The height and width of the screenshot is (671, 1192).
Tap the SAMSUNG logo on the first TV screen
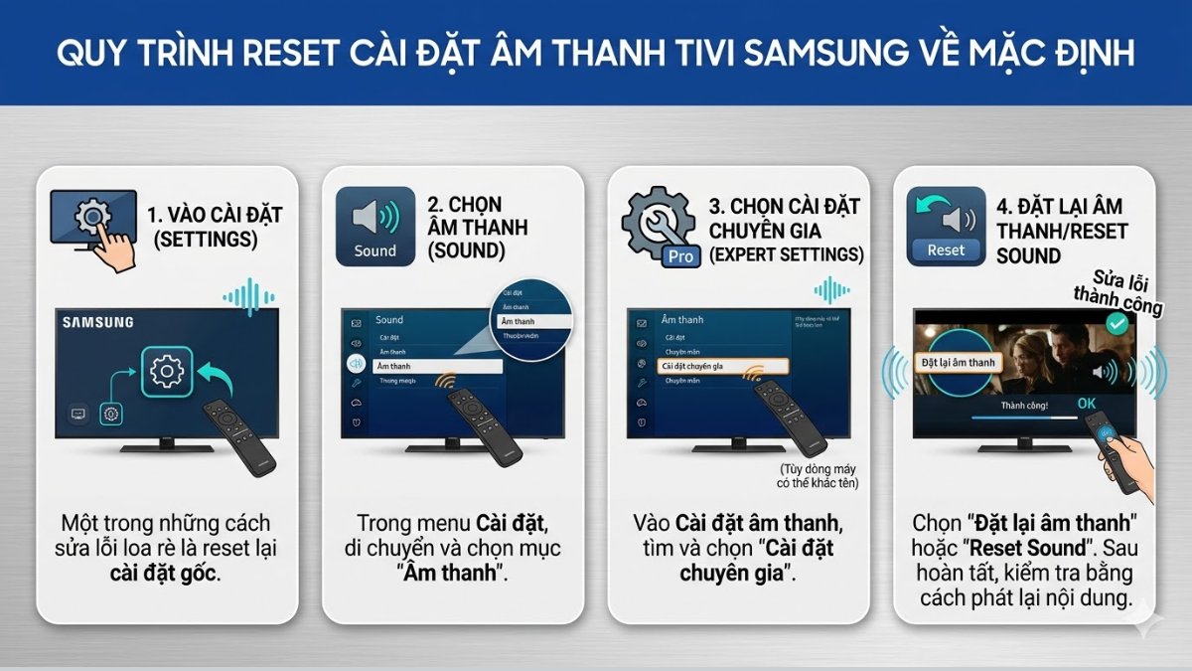[97, 322]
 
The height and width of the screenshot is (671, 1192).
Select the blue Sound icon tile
[375, 225]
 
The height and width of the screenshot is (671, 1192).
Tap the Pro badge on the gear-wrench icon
[679, 256]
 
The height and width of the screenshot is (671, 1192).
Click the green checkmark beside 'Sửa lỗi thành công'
[1117, 323]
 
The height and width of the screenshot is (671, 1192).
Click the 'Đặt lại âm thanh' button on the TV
[959, 363]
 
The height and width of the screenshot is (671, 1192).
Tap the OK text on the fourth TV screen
[1088, 404]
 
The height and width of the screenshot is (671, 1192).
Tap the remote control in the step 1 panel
[238, 435]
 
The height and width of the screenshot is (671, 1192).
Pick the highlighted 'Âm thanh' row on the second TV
[437, 366]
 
